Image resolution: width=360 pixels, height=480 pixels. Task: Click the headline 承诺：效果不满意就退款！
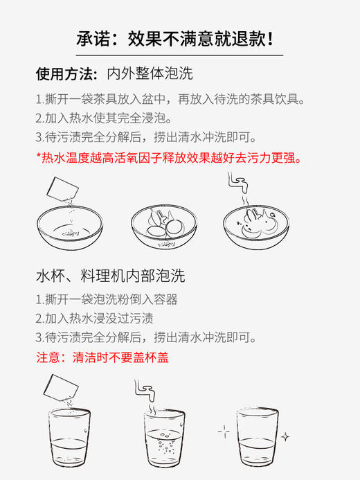click(179, 39)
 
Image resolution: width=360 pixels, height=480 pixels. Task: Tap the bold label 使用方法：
click(66, 73)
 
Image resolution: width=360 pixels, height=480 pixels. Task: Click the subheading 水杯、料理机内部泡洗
click(110, 276)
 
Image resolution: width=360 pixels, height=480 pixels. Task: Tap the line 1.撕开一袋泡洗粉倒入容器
click(107, 299)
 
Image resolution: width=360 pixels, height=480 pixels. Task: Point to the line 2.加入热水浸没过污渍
click(94, 319)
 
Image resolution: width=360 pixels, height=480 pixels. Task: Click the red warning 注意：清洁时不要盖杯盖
click(102, 357)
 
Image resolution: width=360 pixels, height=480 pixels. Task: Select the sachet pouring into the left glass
click(59, 388)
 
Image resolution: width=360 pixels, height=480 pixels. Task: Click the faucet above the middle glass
click(145, 391)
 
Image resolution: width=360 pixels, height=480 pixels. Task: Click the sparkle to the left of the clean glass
click(223, 431)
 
